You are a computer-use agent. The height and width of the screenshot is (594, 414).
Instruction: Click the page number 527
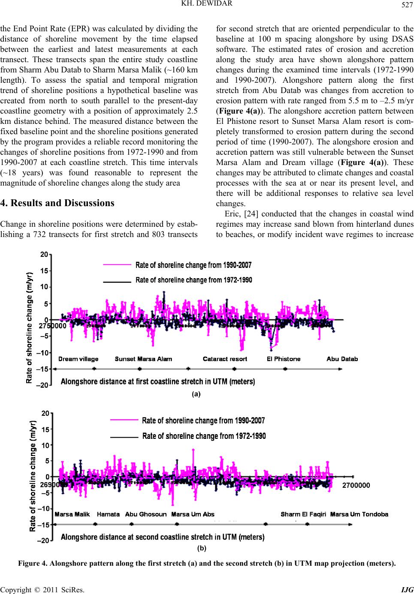coord(407,5)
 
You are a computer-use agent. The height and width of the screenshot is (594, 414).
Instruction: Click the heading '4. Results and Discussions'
coord(57,203)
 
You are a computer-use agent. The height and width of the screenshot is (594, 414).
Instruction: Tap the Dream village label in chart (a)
coord(78,359)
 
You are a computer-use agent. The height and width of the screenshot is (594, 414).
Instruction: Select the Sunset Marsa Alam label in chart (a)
coord(143,359)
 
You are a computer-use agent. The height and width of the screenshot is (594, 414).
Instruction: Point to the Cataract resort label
coord(225,359)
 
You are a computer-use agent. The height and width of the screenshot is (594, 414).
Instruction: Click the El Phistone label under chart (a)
coord(284,359)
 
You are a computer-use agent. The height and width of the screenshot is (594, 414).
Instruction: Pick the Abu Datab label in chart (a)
coord(342,359)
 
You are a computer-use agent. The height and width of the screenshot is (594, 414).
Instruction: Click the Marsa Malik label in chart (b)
coord(72,514)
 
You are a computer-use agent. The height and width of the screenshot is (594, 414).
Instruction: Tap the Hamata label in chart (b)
coord(108,514)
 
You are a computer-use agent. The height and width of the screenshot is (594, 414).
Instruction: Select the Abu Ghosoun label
coord(146,514)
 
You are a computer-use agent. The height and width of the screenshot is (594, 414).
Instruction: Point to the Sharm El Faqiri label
coord(303,514)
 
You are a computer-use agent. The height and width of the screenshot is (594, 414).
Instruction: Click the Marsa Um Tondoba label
coord(359,514)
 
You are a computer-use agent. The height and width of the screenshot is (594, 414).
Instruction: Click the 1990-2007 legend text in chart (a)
coord(193,265)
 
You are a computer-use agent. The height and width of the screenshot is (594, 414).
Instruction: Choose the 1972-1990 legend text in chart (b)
coord(204,436)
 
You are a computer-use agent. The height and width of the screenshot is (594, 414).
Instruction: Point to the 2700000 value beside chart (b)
coord(356,485)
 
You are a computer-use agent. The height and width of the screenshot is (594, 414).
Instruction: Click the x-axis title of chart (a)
coord(158,381)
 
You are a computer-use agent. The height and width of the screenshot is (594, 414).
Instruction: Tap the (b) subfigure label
coord(202,548)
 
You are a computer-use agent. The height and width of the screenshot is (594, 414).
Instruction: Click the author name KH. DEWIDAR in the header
coord(207,3)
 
